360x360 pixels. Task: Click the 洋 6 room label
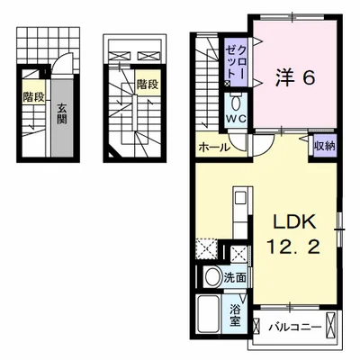coord(295,78)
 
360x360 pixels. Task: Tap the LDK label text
coord(294,222)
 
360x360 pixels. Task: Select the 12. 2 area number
coord(293,247)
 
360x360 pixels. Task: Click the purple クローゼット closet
coord(237,62)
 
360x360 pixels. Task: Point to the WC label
coord(236,119)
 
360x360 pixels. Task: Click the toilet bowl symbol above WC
coord(236,103)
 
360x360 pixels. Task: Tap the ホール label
coord(214,148)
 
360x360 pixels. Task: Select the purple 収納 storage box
coord(325,146)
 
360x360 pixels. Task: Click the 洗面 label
coord(236,277)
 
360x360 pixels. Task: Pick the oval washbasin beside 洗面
coord(212,277)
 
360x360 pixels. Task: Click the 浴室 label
coord(235,315)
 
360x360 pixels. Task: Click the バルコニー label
coord(295,326)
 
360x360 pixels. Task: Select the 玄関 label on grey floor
coord(61,113)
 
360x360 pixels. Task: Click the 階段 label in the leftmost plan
coord(34,97)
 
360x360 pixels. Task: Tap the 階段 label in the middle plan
coord(148,85)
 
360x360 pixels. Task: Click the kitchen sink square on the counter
coord(240,198)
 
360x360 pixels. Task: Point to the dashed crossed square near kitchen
coord(206,248)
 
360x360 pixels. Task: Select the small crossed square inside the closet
coord(227,84)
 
